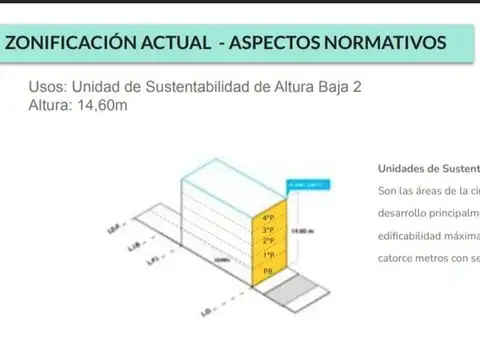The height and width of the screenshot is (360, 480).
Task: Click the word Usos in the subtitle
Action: point(47,88)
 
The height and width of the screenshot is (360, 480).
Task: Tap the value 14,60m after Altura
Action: point(100,106)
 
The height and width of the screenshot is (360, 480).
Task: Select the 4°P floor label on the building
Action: point(268,218)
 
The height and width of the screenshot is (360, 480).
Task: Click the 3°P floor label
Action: point(268,229)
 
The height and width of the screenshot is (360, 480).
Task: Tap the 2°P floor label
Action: point(268,241)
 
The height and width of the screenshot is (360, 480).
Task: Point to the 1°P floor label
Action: point(268,256)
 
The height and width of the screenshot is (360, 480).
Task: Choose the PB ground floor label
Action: point(268,271)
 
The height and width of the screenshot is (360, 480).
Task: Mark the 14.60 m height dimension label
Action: point(299,232)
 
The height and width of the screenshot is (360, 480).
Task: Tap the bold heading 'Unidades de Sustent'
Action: point(428,168)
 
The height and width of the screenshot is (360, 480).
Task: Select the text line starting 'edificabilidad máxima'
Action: point(428,236)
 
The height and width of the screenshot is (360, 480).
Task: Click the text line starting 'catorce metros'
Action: point(428,258)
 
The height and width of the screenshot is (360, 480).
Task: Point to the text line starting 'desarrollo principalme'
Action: point(428,213)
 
